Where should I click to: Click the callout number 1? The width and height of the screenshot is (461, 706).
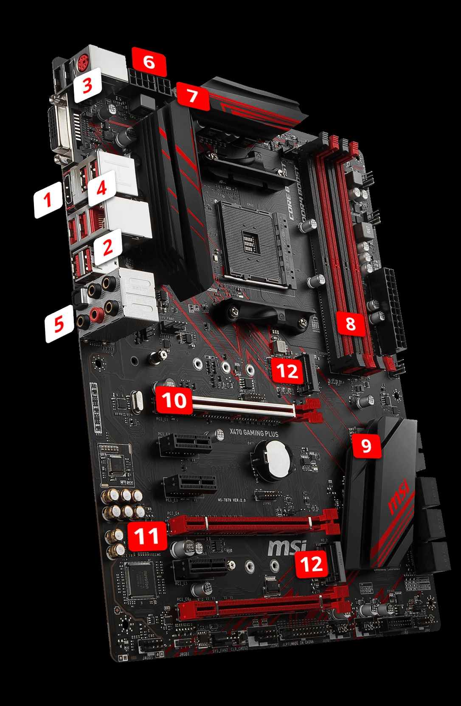click(48, 200)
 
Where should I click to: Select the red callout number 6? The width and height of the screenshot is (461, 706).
click(149, 62)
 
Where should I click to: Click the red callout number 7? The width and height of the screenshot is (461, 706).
click(193, 96)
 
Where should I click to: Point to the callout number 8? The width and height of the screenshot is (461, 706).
click(350, 324)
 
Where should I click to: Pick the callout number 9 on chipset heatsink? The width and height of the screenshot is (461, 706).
click(365, 445)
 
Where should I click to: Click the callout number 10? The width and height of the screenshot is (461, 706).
click(174, 400)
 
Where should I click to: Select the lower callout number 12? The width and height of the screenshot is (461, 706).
click(312, 565)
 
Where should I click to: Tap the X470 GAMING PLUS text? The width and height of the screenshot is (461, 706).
click(254, 433)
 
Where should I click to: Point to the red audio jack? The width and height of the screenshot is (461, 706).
click(96, 315)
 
